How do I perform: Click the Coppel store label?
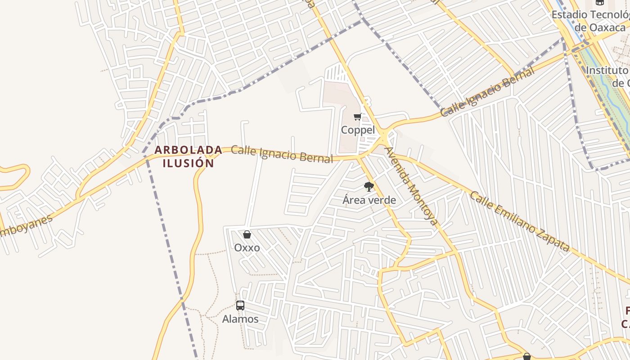point(358,130)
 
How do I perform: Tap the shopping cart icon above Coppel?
point(358,117)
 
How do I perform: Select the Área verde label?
point(369,200)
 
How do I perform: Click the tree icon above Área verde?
point(369,186)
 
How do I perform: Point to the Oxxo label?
point(247,247)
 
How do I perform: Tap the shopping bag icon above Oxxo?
point(247,234)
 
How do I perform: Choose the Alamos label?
point(240,319)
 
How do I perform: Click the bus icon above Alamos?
point(240,306)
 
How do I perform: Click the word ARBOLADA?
point(188,150)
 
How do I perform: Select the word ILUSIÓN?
point(188,163)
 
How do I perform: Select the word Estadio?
point(569,14)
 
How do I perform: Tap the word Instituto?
point(607,70)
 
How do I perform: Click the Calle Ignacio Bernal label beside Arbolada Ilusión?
point(282,154)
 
